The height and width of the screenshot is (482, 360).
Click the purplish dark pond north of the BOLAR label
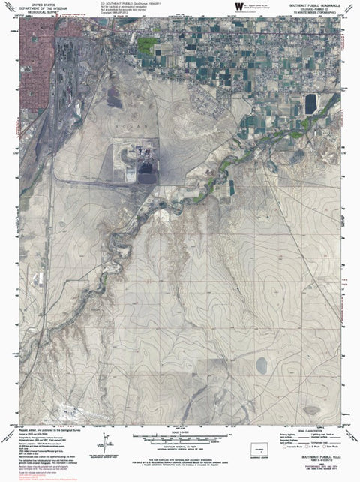(x=114, y=97)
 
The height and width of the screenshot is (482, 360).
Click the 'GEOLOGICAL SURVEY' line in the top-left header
(x=32, y=14)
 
